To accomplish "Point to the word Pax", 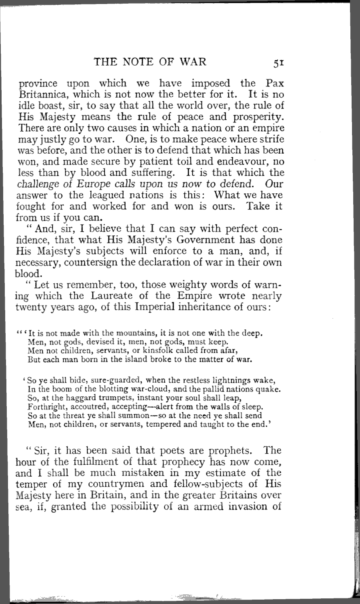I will (274, 83).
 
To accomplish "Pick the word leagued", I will (102, 195).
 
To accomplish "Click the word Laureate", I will (120, 296).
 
